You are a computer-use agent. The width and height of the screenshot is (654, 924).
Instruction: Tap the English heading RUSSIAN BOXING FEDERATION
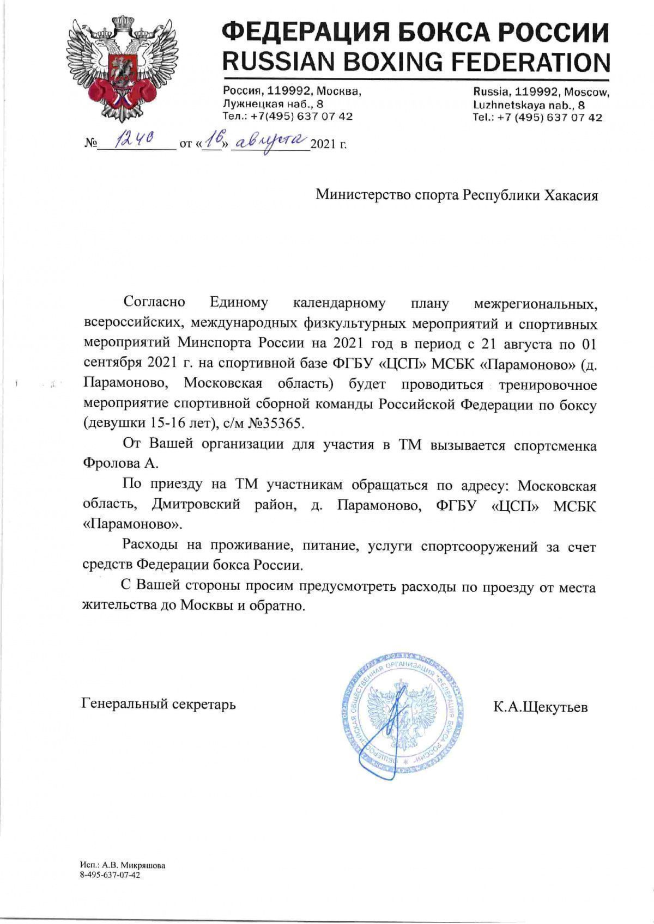pos(416,62)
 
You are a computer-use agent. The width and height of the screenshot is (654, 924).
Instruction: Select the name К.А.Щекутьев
pos(540,707)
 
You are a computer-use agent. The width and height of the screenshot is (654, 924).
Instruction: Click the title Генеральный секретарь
pos(159,704)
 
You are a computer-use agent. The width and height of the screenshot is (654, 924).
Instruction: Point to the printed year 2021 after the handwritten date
pos(323,145)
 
